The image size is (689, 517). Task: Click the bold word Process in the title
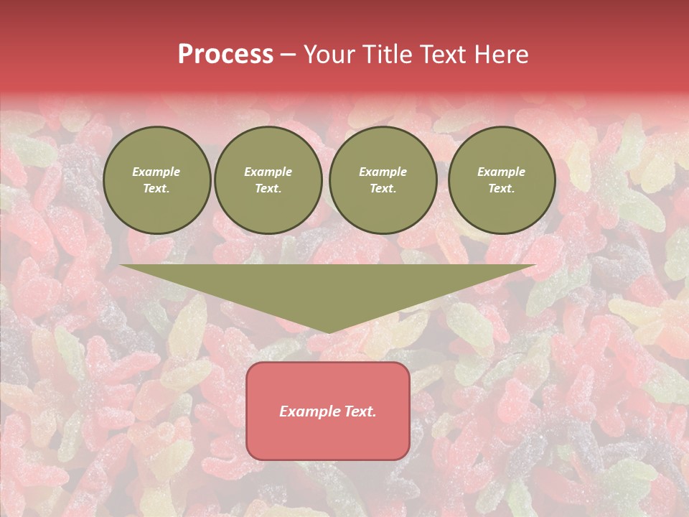click(225, 54)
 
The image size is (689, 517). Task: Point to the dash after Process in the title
click(289, 55)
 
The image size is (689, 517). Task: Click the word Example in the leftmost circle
click(156, 172)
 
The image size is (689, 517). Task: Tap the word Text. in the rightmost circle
click(502, 188)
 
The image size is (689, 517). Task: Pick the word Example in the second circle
click(268, 172)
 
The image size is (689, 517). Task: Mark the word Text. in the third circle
click(383, 188)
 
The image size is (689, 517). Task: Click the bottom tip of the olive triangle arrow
click(328, 331)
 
